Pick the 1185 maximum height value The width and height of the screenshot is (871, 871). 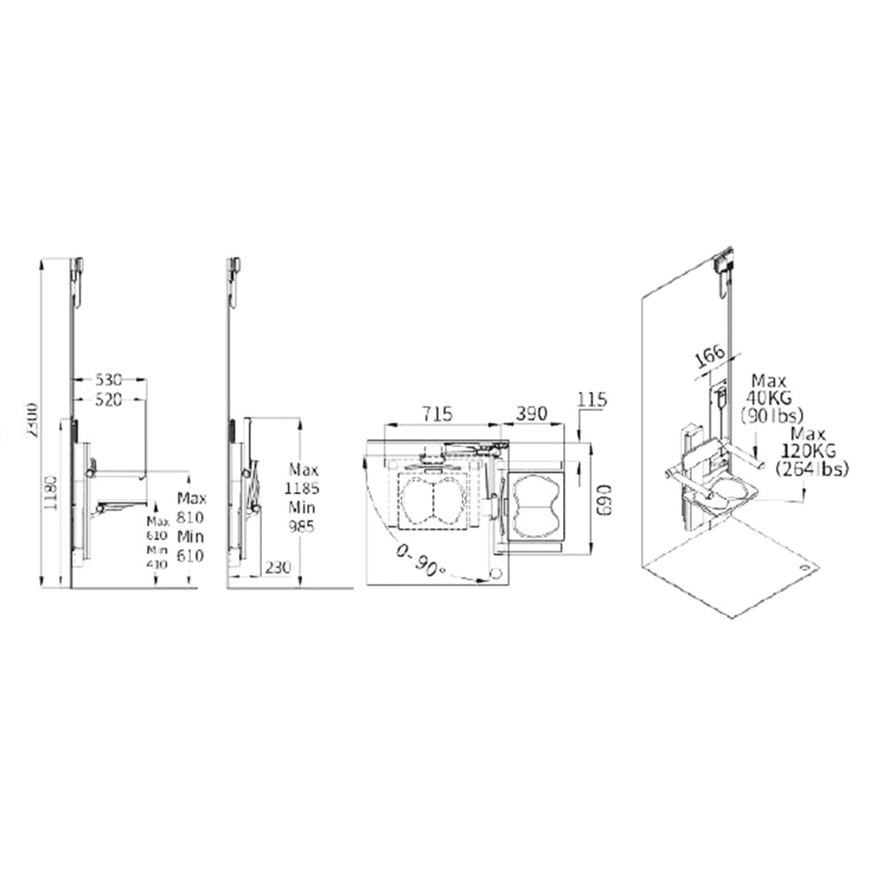pos(302,488)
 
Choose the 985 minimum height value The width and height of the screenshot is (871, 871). pos(302,527)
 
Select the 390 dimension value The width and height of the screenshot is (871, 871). pos(532,413)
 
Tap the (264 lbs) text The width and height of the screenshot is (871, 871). pos(810,470)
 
